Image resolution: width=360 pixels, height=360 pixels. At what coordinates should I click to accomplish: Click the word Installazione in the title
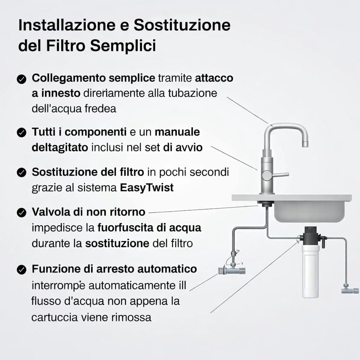tap(67, 25)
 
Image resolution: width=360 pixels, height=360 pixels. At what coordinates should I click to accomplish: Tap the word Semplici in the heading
tap(123, 45)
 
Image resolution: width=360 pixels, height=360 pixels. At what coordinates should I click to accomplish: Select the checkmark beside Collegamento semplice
tap(21, 79)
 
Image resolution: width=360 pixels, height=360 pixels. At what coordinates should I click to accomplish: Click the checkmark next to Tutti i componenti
tap(21, 133)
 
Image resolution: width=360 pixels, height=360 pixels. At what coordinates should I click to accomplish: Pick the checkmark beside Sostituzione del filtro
tap(21, 172)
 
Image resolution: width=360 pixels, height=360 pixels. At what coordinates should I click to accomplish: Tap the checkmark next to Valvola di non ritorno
tap(21, 212)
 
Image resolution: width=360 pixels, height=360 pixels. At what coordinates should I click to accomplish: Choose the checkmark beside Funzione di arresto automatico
tap(21, 270)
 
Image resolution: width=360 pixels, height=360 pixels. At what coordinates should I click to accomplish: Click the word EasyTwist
tap(147, 188)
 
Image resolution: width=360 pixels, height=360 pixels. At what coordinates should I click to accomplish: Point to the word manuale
tap(177, 132)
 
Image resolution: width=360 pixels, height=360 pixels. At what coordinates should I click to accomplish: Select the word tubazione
tap(192, 93)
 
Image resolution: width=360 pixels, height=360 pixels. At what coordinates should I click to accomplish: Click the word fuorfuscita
tap(126, 228)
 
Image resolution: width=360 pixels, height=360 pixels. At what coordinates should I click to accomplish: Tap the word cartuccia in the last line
tap(55, 317)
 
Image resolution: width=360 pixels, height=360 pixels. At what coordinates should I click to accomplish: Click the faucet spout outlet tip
tap(305, 144)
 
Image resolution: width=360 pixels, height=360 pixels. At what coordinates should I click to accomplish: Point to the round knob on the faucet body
tap(267, 176)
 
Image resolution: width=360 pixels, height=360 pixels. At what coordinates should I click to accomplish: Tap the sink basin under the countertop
tap(309, 211)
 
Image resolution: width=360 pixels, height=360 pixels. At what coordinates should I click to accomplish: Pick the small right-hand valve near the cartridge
tap(349, 290)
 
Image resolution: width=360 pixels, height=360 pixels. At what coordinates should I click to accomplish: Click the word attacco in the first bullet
tap(214, 78)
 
